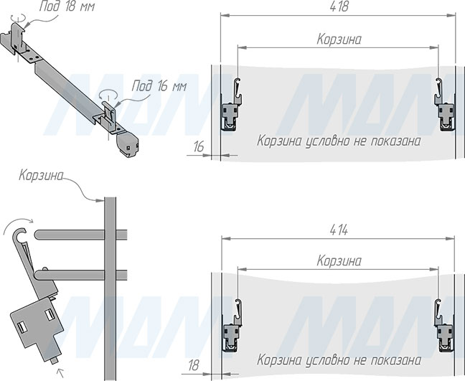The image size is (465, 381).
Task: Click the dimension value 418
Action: click(x=339, y=6)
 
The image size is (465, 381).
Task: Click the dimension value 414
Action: click(x=339, y=230)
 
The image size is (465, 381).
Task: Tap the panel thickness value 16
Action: click(x=198, y=147)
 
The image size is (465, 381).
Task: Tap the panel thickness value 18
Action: click(x=194, y=365)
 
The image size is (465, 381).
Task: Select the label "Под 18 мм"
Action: click(x=67, y=6)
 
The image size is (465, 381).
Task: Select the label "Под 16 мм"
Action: click(x=159, y=86)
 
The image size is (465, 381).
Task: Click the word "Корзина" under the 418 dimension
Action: click(x=339, y=39)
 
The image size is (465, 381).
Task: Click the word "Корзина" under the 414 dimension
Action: click(x=339, y=261)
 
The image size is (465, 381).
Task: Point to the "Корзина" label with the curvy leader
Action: click(x=41, y=176)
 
